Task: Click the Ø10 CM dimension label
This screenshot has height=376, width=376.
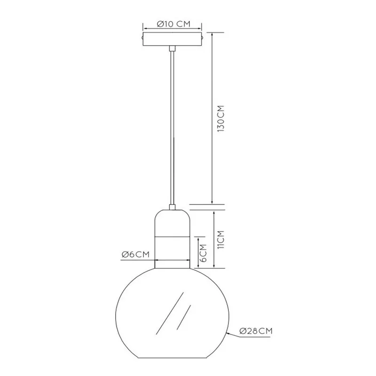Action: (173, 24)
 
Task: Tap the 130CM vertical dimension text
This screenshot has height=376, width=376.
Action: (220, 118)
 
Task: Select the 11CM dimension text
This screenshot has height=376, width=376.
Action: (220, 240)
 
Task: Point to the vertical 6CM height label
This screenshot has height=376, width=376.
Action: (203, 253)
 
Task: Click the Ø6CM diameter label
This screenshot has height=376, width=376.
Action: (135, 254)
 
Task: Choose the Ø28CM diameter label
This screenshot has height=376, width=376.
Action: (256, 331)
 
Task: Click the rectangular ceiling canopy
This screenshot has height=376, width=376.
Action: (172, 39)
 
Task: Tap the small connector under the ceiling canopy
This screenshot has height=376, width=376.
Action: (172, 48)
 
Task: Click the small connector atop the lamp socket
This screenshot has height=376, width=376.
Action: (172, 207)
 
